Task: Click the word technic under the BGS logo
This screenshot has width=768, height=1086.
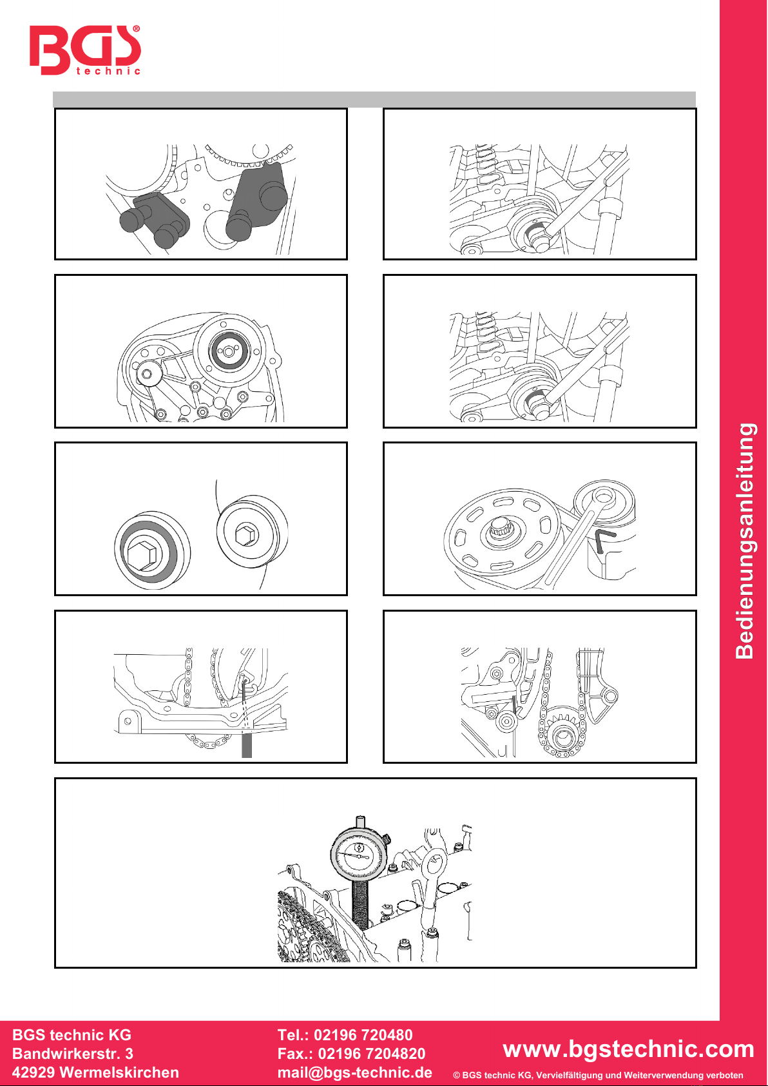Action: (x=108, y=72)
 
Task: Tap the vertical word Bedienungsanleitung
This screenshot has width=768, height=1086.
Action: (x=745, y=541)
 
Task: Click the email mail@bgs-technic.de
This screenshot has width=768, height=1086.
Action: (x=355, y=1072)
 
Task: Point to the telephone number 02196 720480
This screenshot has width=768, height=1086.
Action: (x=363, y=1035)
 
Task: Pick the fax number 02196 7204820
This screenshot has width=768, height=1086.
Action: (x=372, y=1054)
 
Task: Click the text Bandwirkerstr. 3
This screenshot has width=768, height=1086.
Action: (x=73, y=1054)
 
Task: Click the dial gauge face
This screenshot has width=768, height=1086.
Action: (x=359, y=857)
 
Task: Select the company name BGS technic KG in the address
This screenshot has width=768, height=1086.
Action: (x=72, y=1035)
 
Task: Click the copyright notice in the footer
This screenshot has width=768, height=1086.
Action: (x=598, y=1075)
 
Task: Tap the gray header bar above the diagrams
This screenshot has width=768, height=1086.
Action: (x=374, y=99)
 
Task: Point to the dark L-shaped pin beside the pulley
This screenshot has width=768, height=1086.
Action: (x=604, y=539)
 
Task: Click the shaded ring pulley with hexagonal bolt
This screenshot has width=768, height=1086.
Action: (x=152, y=551)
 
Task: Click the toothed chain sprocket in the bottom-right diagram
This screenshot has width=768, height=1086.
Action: (x=562, y=730)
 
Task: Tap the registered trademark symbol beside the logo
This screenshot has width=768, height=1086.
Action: (x=136, y=29)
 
